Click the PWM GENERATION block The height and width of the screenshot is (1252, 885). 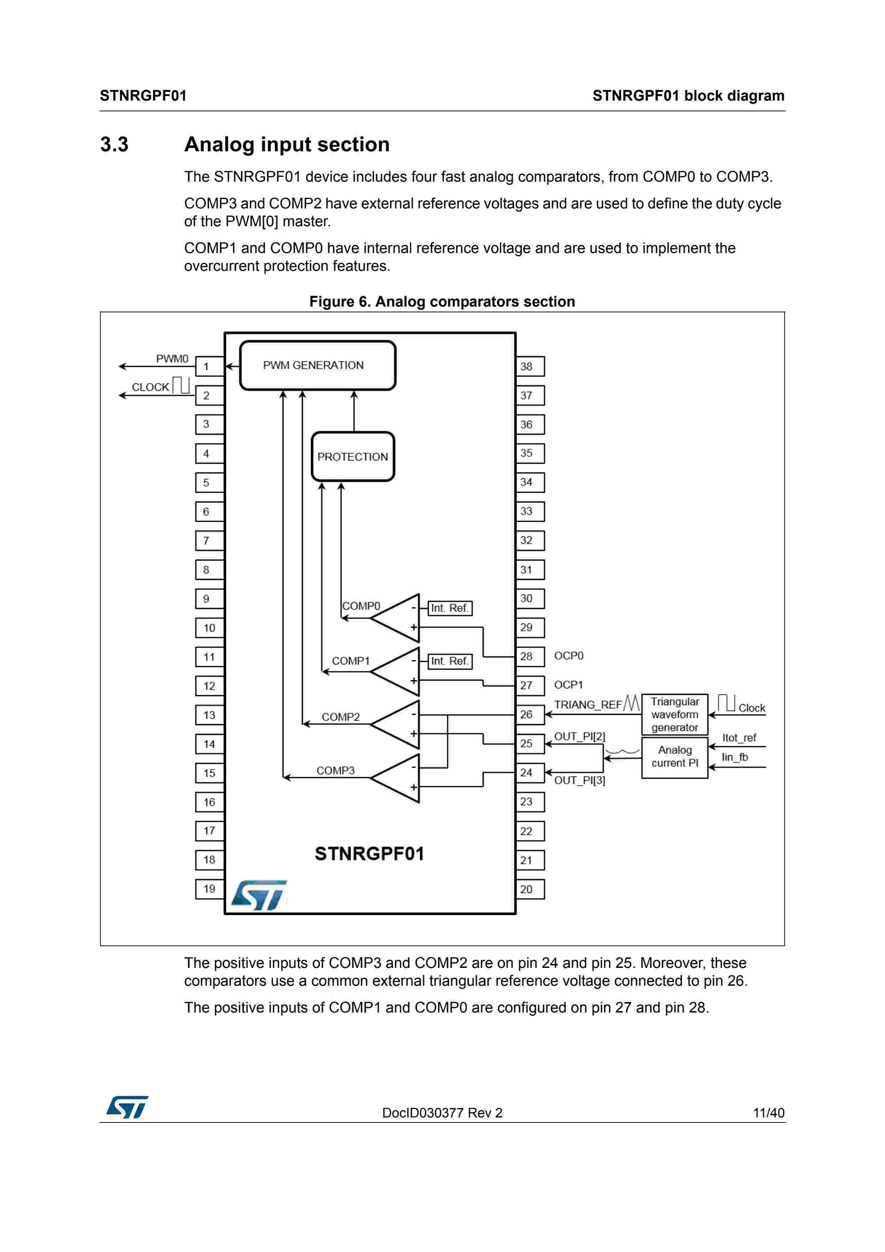coord(317,365)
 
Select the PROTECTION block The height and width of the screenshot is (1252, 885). coord(353,456)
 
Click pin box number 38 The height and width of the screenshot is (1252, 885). coord(529,367)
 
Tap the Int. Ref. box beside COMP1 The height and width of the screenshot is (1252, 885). coord(450,661)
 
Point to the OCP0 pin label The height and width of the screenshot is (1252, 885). coord(569,656)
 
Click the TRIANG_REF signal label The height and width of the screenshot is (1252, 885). coord(588,705)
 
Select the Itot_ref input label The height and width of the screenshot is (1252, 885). coord(739,738)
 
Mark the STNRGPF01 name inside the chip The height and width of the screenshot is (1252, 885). coord(369,853)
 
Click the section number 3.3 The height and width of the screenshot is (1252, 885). coord(114,145)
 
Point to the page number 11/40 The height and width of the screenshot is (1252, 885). coord(768,1112)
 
